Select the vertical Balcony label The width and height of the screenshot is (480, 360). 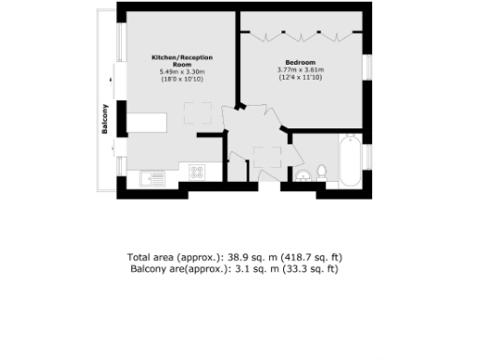coord(105,120)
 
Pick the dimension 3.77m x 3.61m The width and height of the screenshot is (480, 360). coord(300,69)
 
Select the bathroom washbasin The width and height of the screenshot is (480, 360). coord(302,175)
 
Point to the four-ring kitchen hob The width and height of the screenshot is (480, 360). coord(198,172)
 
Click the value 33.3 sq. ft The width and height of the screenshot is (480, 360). coord(315,269)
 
